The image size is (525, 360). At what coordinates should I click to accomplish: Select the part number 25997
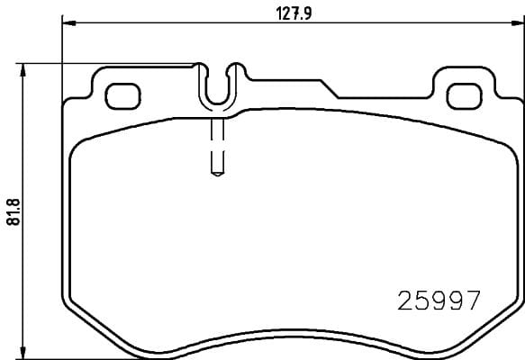click(439, 300)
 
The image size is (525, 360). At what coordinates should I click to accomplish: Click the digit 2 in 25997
click(404, 300)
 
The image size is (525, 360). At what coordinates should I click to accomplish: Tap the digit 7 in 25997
click(474, 300)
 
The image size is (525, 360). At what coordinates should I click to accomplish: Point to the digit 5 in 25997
click(421, 300)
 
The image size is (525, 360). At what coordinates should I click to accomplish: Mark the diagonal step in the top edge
click(328, 88)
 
